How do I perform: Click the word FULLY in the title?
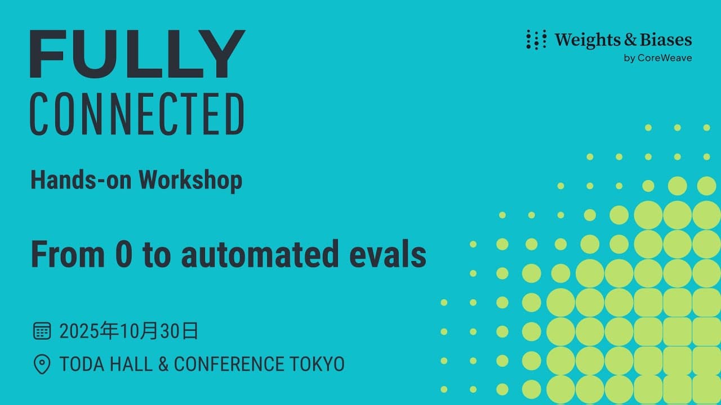(137, 55)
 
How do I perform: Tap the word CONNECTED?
(137, 114)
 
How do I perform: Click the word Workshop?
(190, 179)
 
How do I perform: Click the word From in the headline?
(68, 254)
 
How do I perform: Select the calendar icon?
(42, 331)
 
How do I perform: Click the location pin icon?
(42, 364)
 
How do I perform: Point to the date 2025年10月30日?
(129, 331)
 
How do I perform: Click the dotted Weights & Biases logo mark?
(536, 40)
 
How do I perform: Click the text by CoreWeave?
(658, 58)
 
